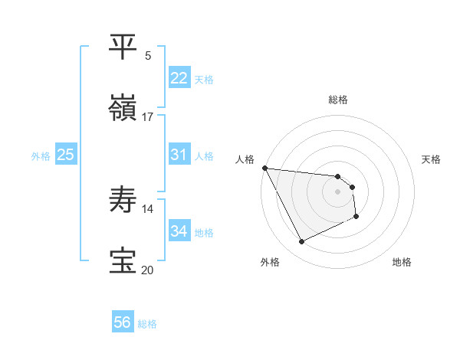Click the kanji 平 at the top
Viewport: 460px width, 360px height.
123,47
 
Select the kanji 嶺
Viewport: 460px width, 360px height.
123,109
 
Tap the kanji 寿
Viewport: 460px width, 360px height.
123,200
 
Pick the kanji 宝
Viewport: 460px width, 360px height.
123,261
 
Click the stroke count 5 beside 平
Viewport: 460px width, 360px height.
148,55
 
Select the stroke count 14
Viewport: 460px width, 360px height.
147,208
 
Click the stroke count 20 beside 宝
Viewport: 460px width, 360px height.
147,270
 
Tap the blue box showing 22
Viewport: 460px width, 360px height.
179,78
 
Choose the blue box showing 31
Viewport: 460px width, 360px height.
179,155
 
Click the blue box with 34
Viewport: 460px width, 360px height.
179,231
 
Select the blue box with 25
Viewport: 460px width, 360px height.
65,155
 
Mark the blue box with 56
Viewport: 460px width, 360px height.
122,322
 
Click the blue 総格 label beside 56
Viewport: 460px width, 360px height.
147,324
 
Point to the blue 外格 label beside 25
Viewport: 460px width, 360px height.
41,156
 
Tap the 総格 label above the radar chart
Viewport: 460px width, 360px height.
337,100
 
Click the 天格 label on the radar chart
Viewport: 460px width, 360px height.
432,159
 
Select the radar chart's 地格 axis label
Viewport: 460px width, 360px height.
402,262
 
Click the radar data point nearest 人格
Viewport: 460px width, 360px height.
264,168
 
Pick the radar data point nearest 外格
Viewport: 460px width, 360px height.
301,242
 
